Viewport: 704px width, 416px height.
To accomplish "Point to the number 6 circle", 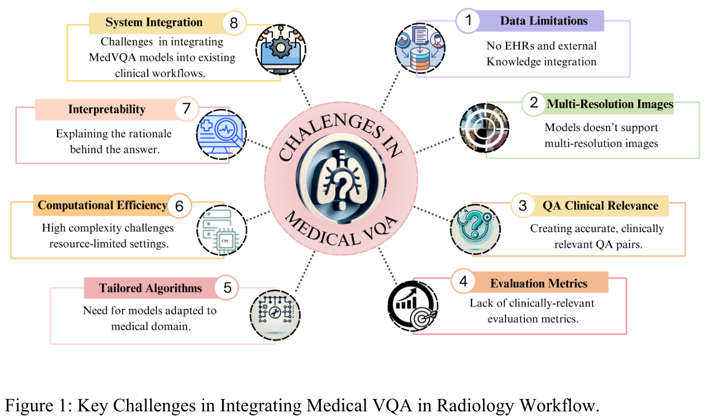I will tap(179, 206).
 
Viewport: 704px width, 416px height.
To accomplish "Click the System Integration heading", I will tap(154, 22).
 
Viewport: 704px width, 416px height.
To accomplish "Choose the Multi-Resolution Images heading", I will tap(610, 104).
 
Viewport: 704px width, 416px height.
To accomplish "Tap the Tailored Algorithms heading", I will tap(150, 288).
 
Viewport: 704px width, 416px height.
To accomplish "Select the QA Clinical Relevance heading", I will tap(600, 206).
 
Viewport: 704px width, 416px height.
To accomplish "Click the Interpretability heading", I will tap(107, 109).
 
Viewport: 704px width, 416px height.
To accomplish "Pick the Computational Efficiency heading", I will tap(102, 205).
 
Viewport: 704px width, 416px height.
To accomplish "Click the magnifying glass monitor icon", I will tap(223, 133).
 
